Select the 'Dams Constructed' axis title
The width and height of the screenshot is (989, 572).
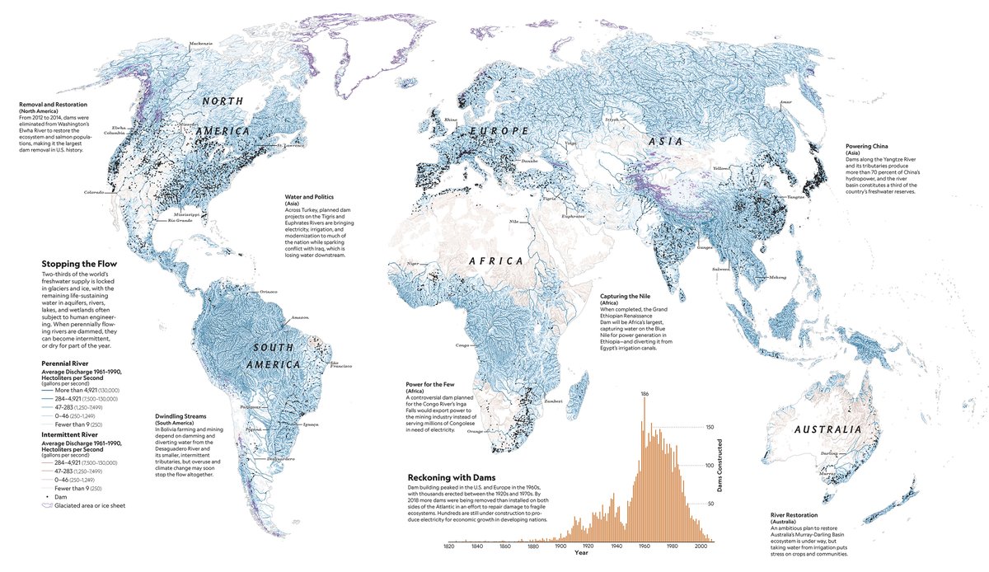click(719, 467)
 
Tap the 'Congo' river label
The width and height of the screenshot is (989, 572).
click(462, 345)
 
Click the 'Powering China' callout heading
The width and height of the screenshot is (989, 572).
click(873, 147)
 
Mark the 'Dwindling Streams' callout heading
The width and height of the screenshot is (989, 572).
click(185, 416)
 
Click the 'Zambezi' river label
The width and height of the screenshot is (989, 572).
click(551, 401)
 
